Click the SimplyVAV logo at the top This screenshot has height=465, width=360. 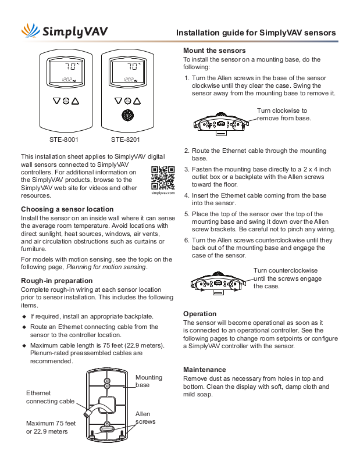(64, 31)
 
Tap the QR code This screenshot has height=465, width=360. (163, 178)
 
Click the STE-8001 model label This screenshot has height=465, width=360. (64, 139)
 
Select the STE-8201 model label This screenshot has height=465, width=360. (125, 139)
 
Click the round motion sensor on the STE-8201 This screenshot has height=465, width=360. (126, 115)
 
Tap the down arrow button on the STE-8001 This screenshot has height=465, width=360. (56, 101)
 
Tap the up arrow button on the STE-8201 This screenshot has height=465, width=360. (136, 101)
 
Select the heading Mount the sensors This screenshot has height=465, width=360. (215, 51)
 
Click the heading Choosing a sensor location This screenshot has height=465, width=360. (67, 209)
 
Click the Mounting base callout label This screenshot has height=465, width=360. (149, 381)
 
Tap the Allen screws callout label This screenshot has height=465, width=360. (145, 418)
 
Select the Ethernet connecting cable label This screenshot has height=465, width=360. (51, 397)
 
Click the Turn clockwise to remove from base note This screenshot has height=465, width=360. (284, 114)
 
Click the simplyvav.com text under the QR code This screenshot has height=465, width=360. (163, 194)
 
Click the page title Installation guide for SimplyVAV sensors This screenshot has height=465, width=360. (256, 33)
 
